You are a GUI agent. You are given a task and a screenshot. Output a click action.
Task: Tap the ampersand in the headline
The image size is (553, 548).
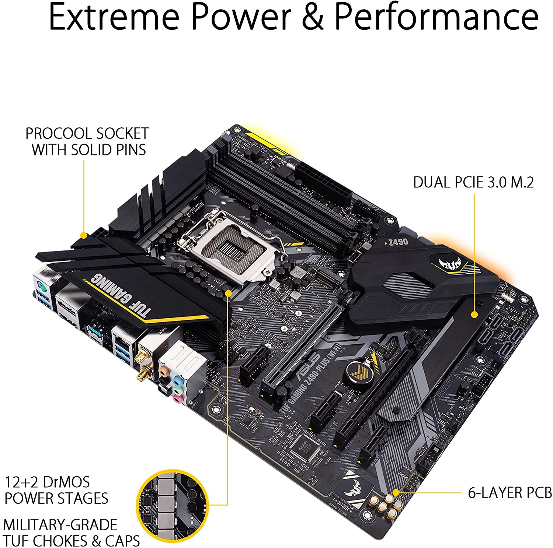coord(313,17)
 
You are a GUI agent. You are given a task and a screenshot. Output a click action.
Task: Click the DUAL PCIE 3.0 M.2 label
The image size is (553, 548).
coord(473,183)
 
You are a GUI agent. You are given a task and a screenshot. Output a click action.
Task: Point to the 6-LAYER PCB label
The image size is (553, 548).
coord(509,493)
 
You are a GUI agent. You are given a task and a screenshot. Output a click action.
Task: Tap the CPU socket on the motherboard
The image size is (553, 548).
coord(229,250)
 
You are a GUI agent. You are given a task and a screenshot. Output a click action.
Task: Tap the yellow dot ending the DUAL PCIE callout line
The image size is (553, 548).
coord(474,315)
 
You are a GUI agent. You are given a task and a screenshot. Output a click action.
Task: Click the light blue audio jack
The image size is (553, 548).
coord(178,379)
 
